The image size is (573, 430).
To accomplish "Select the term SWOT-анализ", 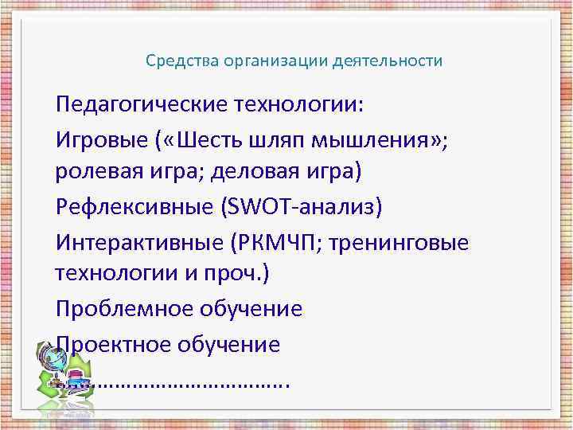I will click(x=301, y=206).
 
